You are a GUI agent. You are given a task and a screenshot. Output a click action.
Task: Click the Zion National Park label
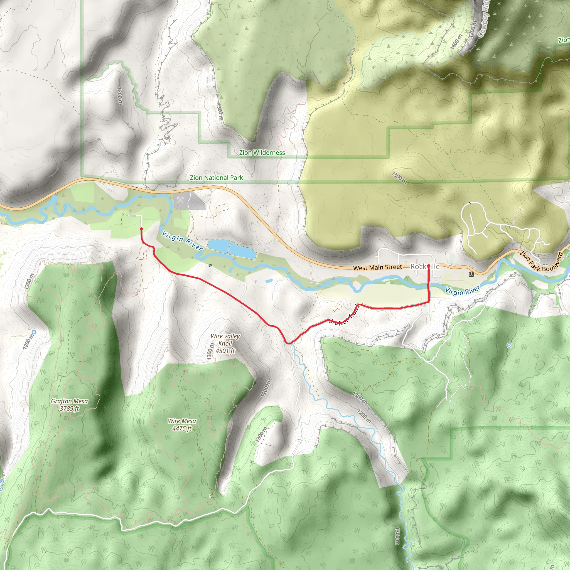click(216, 178)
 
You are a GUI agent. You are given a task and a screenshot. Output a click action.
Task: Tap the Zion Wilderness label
click(262, 153)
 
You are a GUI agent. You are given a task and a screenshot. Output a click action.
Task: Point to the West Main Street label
click(377, 267)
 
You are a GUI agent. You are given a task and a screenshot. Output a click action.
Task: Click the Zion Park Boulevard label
click(541, 261)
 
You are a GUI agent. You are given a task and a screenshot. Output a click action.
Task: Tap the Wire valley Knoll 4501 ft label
click(225, 343)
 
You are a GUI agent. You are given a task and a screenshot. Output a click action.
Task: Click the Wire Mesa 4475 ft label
click(182, 424)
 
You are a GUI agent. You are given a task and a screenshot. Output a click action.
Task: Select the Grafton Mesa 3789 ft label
click(69, 404)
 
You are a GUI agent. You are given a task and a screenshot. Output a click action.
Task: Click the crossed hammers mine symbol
click(180, 200)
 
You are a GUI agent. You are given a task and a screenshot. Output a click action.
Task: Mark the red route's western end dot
click(141, 229)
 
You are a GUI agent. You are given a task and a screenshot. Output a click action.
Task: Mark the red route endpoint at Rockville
click(428, 266)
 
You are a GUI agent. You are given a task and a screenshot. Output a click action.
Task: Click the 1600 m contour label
click(456, 41)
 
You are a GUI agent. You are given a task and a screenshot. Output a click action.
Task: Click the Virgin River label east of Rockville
click(462, 290)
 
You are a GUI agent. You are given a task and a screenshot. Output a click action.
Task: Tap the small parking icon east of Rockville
click(471, 274)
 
